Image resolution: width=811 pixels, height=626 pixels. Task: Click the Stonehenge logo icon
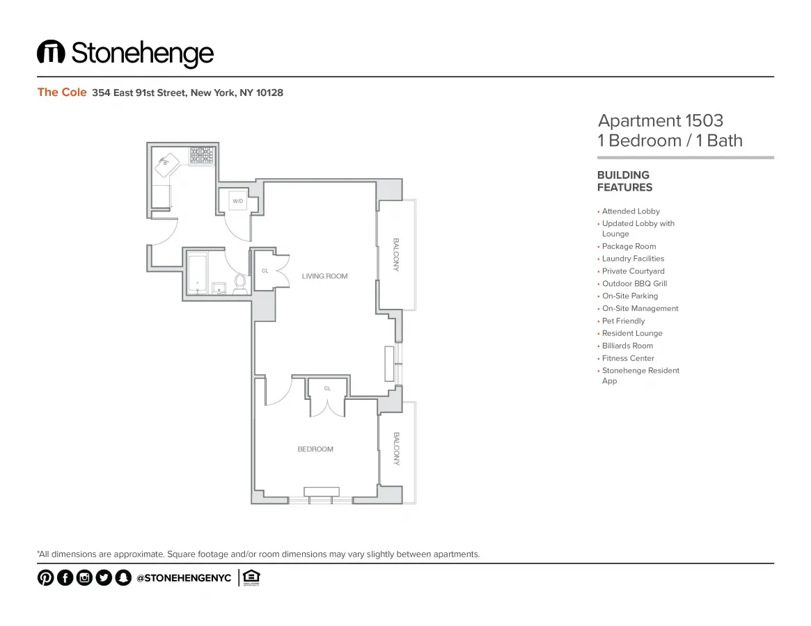coord(51,52)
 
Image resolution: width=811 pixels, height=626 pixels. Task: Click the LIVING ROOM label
coord(324,276)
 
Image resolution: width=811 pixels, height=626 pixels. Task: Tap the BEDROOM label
coord(315,449)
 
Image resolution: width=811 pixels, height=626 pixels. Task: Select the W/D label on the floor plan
coord(237,201)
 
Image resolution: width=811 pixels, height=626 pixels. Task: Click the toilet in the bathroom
coord(240,284)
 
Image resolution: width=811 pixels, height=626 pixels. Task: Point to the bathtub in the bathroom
coord(198,275)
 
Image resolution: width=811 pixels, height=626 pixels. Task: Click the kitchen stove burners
coord(202,155)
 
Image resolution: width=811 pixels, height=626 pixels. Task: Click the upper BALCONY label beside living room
coord(396,255)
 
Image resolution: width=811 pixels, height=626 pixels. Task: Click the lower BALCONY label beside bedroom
coord(396,449)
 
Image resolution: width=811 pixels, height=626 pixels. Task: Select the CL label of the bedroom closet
coord(327,388)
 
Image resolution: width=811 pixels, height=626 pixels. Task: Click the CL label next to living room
coord(265,271)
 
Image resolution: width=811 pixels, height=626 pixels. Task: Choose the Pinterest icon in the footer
coord(45,578)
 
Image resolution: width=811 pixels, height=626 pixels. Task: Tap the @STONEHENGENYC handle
coord(184,578)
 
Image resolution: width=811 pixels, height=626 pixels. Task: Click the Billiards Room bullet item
coord(627,346)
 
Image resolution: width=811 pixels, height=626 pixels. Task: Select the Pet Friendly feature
coord(623,321)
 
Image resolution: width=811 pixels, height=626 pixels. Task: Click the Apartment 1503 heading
coord(661,121)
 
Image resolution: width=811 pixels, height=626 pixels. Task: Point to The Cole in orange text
coord(62,93)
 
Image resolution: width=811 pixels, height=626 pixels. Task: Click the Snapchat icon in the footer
coord(123,578)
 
